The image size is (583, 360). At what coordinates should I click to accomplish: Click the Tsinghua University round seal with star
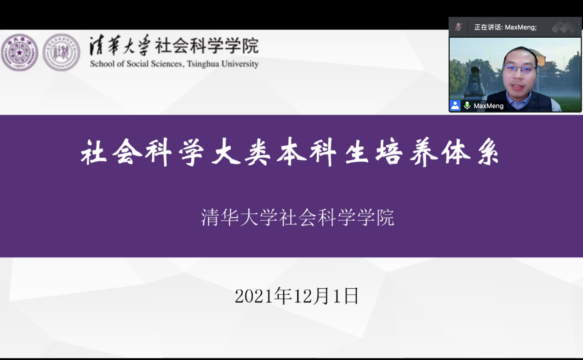click(19, 52)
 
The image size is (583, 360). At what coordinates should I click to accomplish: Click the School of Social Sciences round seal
click(62, 52)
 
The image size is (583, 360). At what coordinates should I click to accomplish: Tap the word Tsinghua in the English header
click(203, 64)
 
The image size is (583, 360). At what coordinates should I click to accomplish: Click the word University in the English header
click(240, 64)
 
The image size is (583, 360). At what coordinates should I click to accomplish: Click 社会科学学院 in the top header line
click(206, 46)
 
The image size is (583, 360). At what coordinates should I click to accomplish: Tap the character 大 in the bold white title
click(226, 152)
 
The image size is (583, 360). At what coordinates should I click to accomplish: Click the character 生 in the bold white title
click(357, 152)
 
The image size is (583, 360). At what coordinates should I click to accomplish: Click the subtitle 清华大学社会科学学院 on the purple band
click(297, 217)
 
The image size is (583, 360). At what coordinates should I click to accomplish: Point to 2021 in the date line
click(254, 296)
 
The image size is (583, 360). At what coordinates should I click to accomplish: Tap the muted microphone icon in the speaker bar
click(458, 27)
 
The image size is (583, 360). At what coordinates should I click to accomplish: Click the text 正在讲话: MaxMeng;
click(505, 27)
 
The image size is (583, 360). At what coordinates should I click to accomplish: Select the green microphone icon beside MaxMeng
click(467, 105)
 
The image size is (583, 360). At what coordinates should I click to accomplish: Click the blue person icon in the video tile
click(455, 106)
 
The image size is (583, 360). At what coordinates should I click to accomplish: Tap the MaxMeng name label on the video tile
click(489, 106)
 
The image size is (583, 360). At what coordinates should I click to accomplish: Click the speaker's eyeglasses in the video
click(519, 70)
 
